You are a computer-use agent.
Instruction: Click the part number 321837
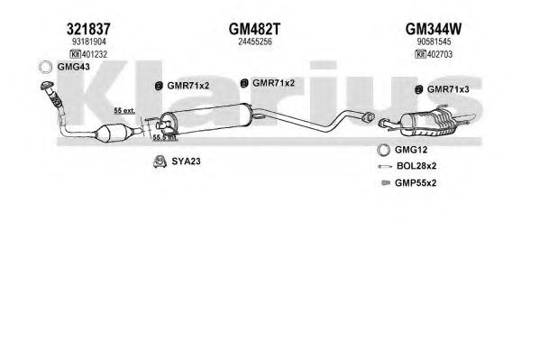pyautogui.click(x=88, y=29)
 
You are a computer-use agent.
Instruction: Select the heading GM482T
pyautogui.click(x=254, y=29)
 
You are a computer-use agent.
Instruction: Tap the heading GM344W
pyautogui.click(x=434, y=29)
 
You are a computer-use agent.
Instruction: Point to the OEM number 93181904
pyautogui.click(x=89, y=42)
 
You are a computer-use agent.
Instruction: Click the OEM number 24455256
pyautogui.click(x=255, y=42)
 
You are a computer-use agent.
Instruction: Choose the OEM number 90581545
pyautogui.click(x=434, y=42)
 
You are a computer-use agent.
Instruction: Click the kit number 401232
pyautogui.click(x=95, y=54)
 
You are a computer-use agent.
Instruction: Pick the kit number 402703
pyautogui.click(x=440, y=54)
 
